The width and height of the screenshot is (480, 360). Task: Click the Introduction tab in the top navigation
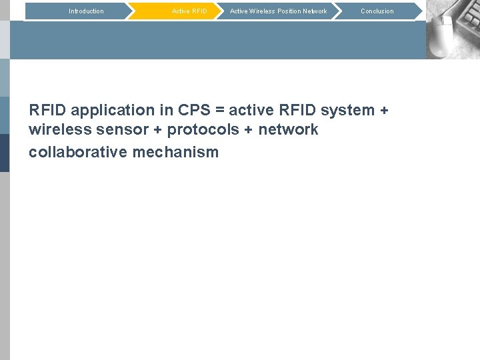pyautogui.click(x=86, y=11)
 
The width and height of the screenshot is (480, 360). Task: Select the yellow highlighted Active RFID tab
pyautogui.click(x=189, y=11)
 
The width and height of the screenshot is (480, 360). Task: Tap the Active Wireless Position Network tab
pyautogui.click(x=278, y=11)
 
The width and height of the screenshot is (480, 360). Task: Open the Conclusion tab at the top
pyautogui.click(x=377, y=11)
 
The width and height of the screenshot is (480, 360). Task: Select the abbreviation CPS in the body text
pyautogui.click(x=194, y=110)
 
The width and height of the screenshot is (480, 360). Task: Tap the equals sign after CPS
pyautogui.click(x=219, y=111)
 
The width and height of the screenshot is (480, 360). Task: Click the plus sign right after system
pyautogui.click(x=383, y=111)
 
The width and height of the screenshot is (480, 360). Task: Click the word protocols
pyautogui.click(x=201, y=130)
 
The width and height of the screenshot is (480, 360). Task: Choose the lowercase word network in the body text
pyautogui.click(x=289, y=130)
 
